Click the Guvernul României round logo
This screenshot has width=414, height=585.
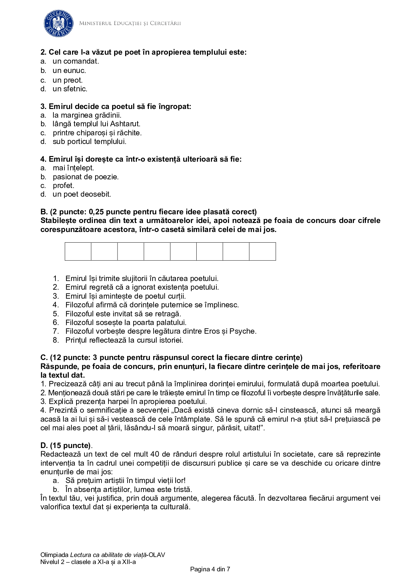coord(58,23)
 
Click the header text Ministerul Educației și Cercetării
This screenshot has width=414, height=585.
coord(130,23)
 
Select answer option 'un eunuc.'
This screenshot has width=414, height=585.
coord(69,71)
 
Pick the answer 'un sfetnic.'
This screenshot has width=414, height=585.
coord(70,89)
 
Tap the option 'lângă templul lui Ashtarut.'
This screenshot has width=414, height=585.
coord(96,124)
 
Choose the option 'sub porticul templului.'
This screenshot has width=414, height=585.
coord(89,142)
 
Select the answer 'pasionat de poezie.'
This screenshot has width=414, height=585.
coord(85,177)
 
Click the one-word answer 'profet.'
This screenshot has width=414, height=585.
coord(63,186)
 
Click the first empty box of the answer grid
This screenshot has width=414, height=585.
coord(78,251)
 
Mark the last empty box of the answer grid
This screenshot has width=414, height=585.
coord(262,251)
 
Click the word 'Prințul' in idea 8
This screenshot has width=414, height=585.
coord(76,340)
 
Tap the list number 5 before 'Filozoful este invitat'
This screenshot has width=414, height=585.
coord(56,314)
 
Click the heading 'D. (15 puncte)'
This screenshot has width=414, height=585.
coord(66,446)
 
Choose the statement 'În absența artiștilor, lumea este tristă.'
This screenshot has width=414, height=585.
coord(129,490)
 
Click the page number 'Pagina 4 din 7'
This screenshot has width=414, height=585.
coord(210,569)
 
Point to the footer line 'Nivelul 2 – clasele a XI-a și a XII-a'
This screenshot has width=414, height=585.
coord(88,562)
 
